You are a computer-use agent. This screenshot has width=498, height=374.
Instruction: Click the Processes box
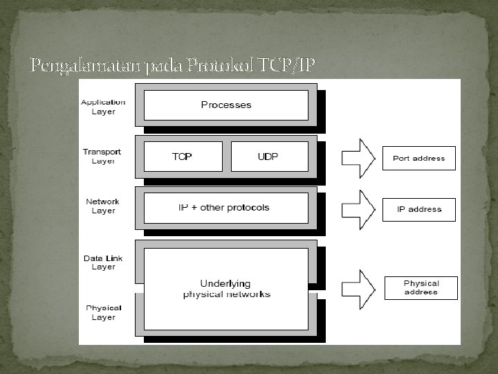tap(226, 105)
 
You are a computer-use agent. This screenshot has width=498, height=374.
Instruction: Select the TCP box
tap(183, 157)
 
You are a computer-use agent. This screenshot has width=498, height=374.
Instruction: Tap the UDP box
tap(268, 157)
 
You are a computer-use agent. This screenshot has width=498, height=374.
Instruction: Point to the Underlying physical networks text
tap(226, 289)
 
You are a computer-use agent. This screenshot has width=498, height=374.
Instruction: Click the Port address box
tap(419, 158)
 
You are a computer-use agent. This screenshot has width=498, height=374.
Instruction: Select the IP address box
tap(419, 209)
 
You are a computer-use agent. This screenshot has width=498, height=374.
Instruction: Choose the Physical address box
tap(421, 287)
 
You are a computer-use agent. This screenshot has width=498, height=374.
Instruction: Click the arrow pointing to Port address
tap(358, 158)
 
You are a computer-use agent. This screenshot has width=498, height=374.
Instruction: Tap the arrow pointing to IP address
tap(358, 209)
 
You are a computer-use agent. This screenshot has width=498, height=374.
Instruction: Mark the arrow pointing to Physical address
tap(358, 288)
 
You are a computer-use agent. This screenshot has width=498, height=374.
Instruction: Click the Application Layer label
tap(103, 107)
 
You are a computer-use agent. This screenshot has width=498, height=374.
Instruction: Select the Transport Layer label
tap(102, 157)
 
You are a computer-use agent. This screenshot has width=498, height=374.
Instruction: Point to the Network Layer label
tap(102, 206)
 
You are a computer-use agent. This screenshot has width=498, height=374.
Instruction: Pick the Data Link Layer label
tap(103, 262)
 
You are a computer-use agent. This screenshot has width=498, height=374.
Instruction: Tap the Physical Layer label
tap(104, 312)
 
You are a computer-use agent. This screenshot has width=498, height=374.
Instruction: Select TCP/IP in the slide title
tap(286, 66)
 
